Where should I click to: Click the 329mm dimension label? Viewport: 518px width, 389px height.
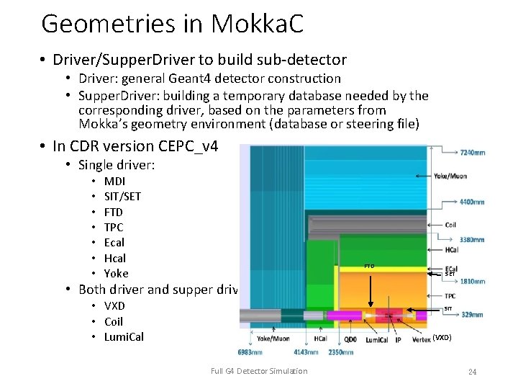[473, 315]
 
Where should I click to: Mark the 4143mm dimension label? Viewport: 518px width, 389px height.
[305, 352]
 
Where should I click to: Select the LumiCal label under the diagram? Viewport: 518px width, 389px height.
[378, 339]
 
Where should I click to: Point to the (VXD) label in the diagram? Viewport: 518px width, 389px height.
[442, 337]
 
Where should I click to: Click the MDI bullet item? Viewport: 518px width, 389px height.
[114, 182]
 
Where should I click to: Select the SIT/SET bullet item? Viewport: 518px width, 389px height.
[122, 197]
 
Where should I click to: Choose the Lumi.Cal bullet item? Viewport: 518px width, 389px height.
[124, 337]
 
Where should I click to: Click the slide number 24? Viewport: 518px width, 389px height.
[473, 372]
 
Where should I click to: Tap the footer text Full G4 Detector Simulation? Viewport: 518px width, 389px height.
[259, 371]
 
